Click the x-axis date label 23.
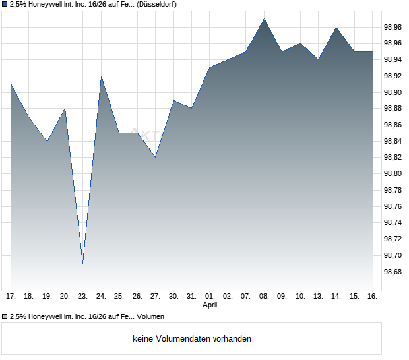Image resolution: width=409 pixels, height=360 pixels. (82, 296)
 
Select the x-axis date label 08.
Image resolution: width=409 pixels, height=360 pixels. (264, 296)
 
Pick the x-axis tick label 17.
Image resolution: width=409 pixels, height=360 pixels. (11, 296)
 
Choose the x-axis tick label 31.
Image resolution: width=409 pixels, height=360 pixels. (191, 296)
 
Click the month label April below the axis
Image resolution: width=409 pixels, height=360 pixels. (210, 305)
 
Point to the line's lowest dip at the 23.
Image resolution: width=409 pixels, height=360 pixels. (82, 263)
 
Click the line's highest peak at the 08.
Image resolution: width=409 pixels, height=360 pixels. (264, 19)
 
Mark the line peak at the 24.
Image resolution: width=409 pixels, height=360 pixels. (101, 76)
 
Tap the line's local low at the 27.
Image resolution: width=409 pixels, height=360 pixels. (155, 157)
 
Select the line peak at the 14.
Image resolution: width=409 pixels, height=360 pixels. (336, 27)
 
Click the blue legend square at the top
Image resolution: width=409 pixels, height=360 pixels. (5, 4)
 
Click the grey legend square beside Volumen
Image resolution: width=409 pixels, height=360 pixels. (5, 317)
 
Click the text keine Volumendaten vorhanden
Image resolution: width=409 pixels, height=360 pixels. (192, 339)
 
